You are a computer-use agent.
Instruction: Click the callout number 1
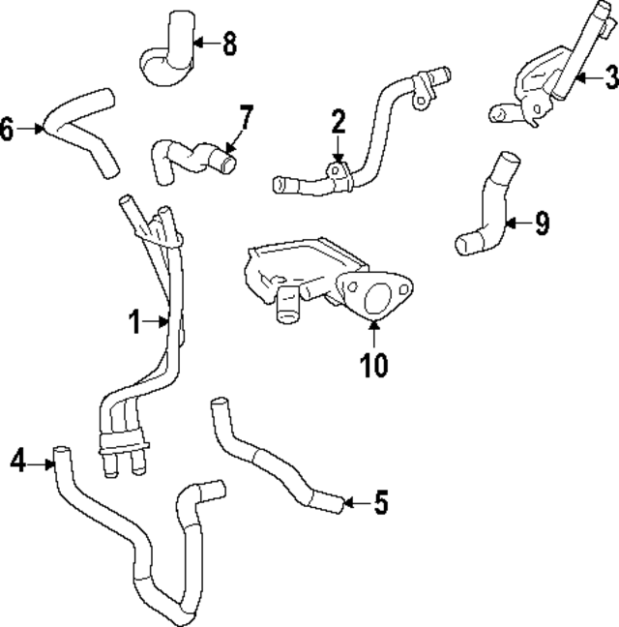[137, 320]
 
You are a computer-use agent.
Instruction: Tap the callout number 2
[338, 122]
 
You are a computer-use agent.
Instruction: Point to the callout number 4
[17, 462]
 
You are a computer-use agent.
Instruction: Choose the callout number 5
[380, 502]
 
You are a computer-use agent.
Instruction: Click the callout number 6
[8, 127]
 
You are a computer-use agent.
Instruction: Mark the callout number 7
[246, 120]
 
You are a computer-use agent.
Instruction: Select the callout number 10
[373, 364]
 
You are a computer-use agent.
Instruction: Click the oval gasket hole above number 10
[374, 291]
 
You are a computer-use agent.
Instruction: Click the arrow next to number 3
[585, 74]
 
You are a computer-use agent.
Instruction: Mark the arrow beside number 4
[43, 464]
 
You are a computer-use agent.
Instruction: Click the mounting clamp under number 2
[339, 173]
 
